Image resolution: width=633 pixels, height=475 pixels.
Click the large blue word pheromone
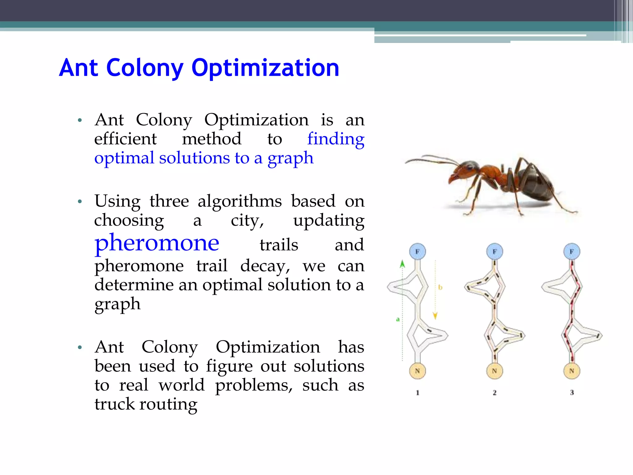coord(157,243)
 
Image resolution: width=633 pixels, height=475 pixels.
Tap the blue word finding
coord(336,139)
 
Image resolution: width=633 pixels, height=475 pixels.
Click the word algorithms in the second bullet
coord(240,201)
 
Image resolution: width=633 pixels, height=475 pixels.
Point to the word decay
coord(265,266)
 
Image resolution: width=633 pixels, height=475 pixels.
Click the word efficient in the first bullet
coord(125,139)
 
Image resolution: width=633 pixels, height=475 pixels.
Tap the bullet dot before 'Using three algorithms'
coord(80,202)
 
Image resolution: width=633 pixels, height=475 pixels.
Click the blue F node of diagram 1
coord(417,251)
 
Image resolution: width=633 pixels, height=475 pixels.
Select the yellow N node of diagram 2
coord(495,371)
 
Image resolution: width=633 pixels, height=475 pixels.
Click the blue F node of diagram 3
coord(572,251)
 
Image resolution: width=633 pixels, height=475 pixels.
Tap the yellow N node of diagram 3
coord(572,371)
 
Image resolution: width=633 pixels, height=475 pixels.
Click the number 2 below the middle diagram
coord(495,392)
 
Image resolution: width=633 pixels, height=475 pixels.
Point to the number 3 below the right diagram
coord(572,392)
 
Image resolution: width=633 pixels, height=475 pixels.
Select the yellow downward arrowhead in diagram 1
coord(435,316)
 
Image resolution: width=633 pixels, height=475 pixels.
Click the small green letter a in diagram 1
coord(398,319)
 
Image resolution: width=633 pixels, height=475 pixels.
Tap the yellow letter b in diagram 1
coord(440,287)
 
